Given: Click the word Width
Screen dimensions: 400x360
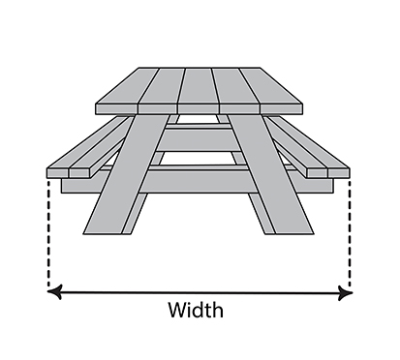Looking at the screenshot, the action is [x=196, y=310].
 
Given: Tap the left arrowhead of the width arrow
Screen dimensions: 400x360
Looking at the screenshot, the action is [x=54, y=292].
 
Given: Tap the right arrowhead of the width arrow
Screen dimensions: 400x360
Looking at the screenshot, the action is [x=345, y=293].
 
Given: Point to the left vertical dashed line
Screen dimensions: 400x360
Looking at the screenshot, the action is [x=48, y=233].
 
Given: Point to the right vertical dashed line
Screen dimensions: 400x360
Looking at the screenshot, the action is [x=349, y=233].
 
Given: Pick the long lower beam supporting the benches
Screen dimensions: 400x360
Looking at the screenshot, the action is [x=198, y=181].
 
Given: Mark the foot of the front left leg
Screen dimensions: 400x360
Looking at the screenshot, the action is [x=103, y=229].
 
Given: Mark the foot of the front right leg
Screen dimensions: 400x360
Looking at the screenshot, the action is [x=294, y=229].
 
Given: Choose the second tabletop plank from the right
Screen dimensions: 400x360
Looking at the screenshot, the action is [x=236, y=92].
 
